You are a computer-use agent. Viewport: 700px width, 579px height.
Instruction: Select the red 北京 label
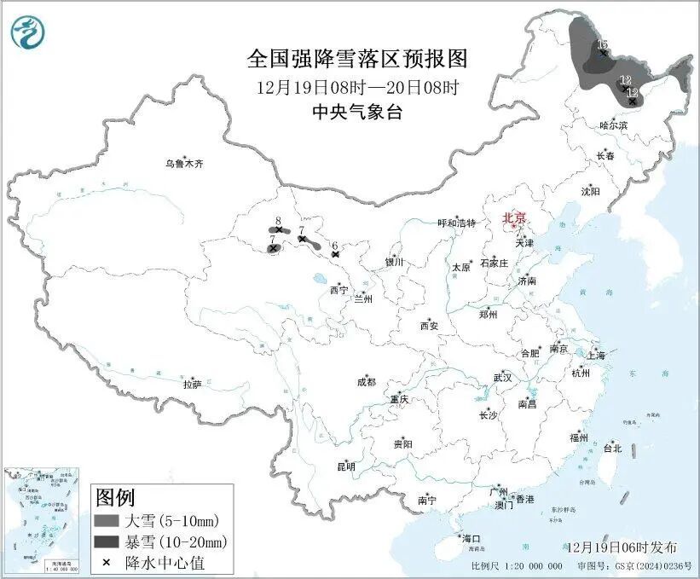(x=514, y=217)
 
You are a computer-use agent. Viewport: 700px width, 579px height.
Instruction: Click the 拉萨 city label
(x=192, y=384)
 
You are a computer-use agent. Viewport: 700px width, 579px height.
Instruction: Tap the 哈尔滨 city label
(x=612, y=125)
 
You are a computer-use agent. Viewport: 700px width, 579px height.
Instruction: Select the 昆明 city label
(x=345, y=466)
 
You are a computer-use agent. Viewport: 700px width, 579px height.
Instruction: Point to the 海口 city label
(x=471, y=538)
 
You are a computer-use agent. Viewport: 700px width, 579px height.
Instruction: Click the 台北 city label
(x=612, y=448)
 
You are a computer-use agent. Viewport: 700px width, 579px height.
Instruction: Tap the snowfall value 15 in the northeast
(x=602, y=43)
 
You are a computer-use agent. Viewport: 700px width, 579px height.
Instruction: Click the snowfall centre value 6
(x=335, y=245)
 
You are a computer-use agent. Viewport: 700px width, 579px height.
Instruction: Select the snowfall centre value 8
(x=278, y=221)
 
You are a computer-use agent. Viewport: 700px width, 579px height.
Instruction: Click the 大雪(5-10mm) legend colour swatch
(x=106, y=520)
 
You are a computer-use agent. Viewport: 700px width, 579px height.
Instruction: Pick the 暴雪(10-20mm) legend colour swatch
(x=106, y=541)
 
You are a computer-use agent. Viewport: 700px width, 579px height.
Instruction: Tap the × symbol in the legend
(x=106, y=563)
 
